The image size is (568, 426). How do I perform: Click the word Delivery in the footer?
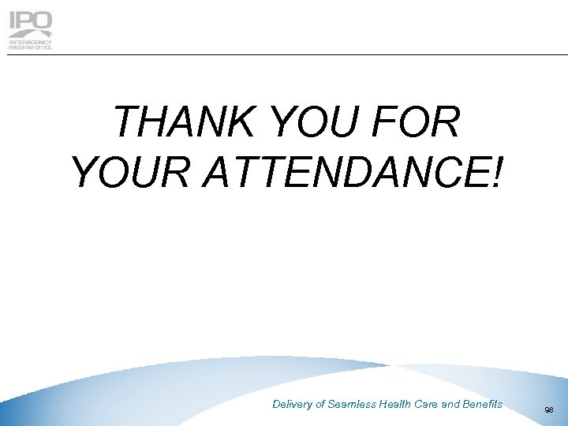tap(293, 404)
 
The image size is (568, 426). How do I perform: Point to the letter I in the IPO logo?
tap(12, 21)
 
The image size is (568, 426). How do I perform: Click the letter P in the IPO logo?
tap(24, 21)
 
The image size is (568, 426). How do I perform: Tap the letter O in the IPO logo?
tap(42, 21)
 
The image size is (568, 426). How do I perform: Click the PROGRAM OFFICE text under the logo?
tap(30, 47)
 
